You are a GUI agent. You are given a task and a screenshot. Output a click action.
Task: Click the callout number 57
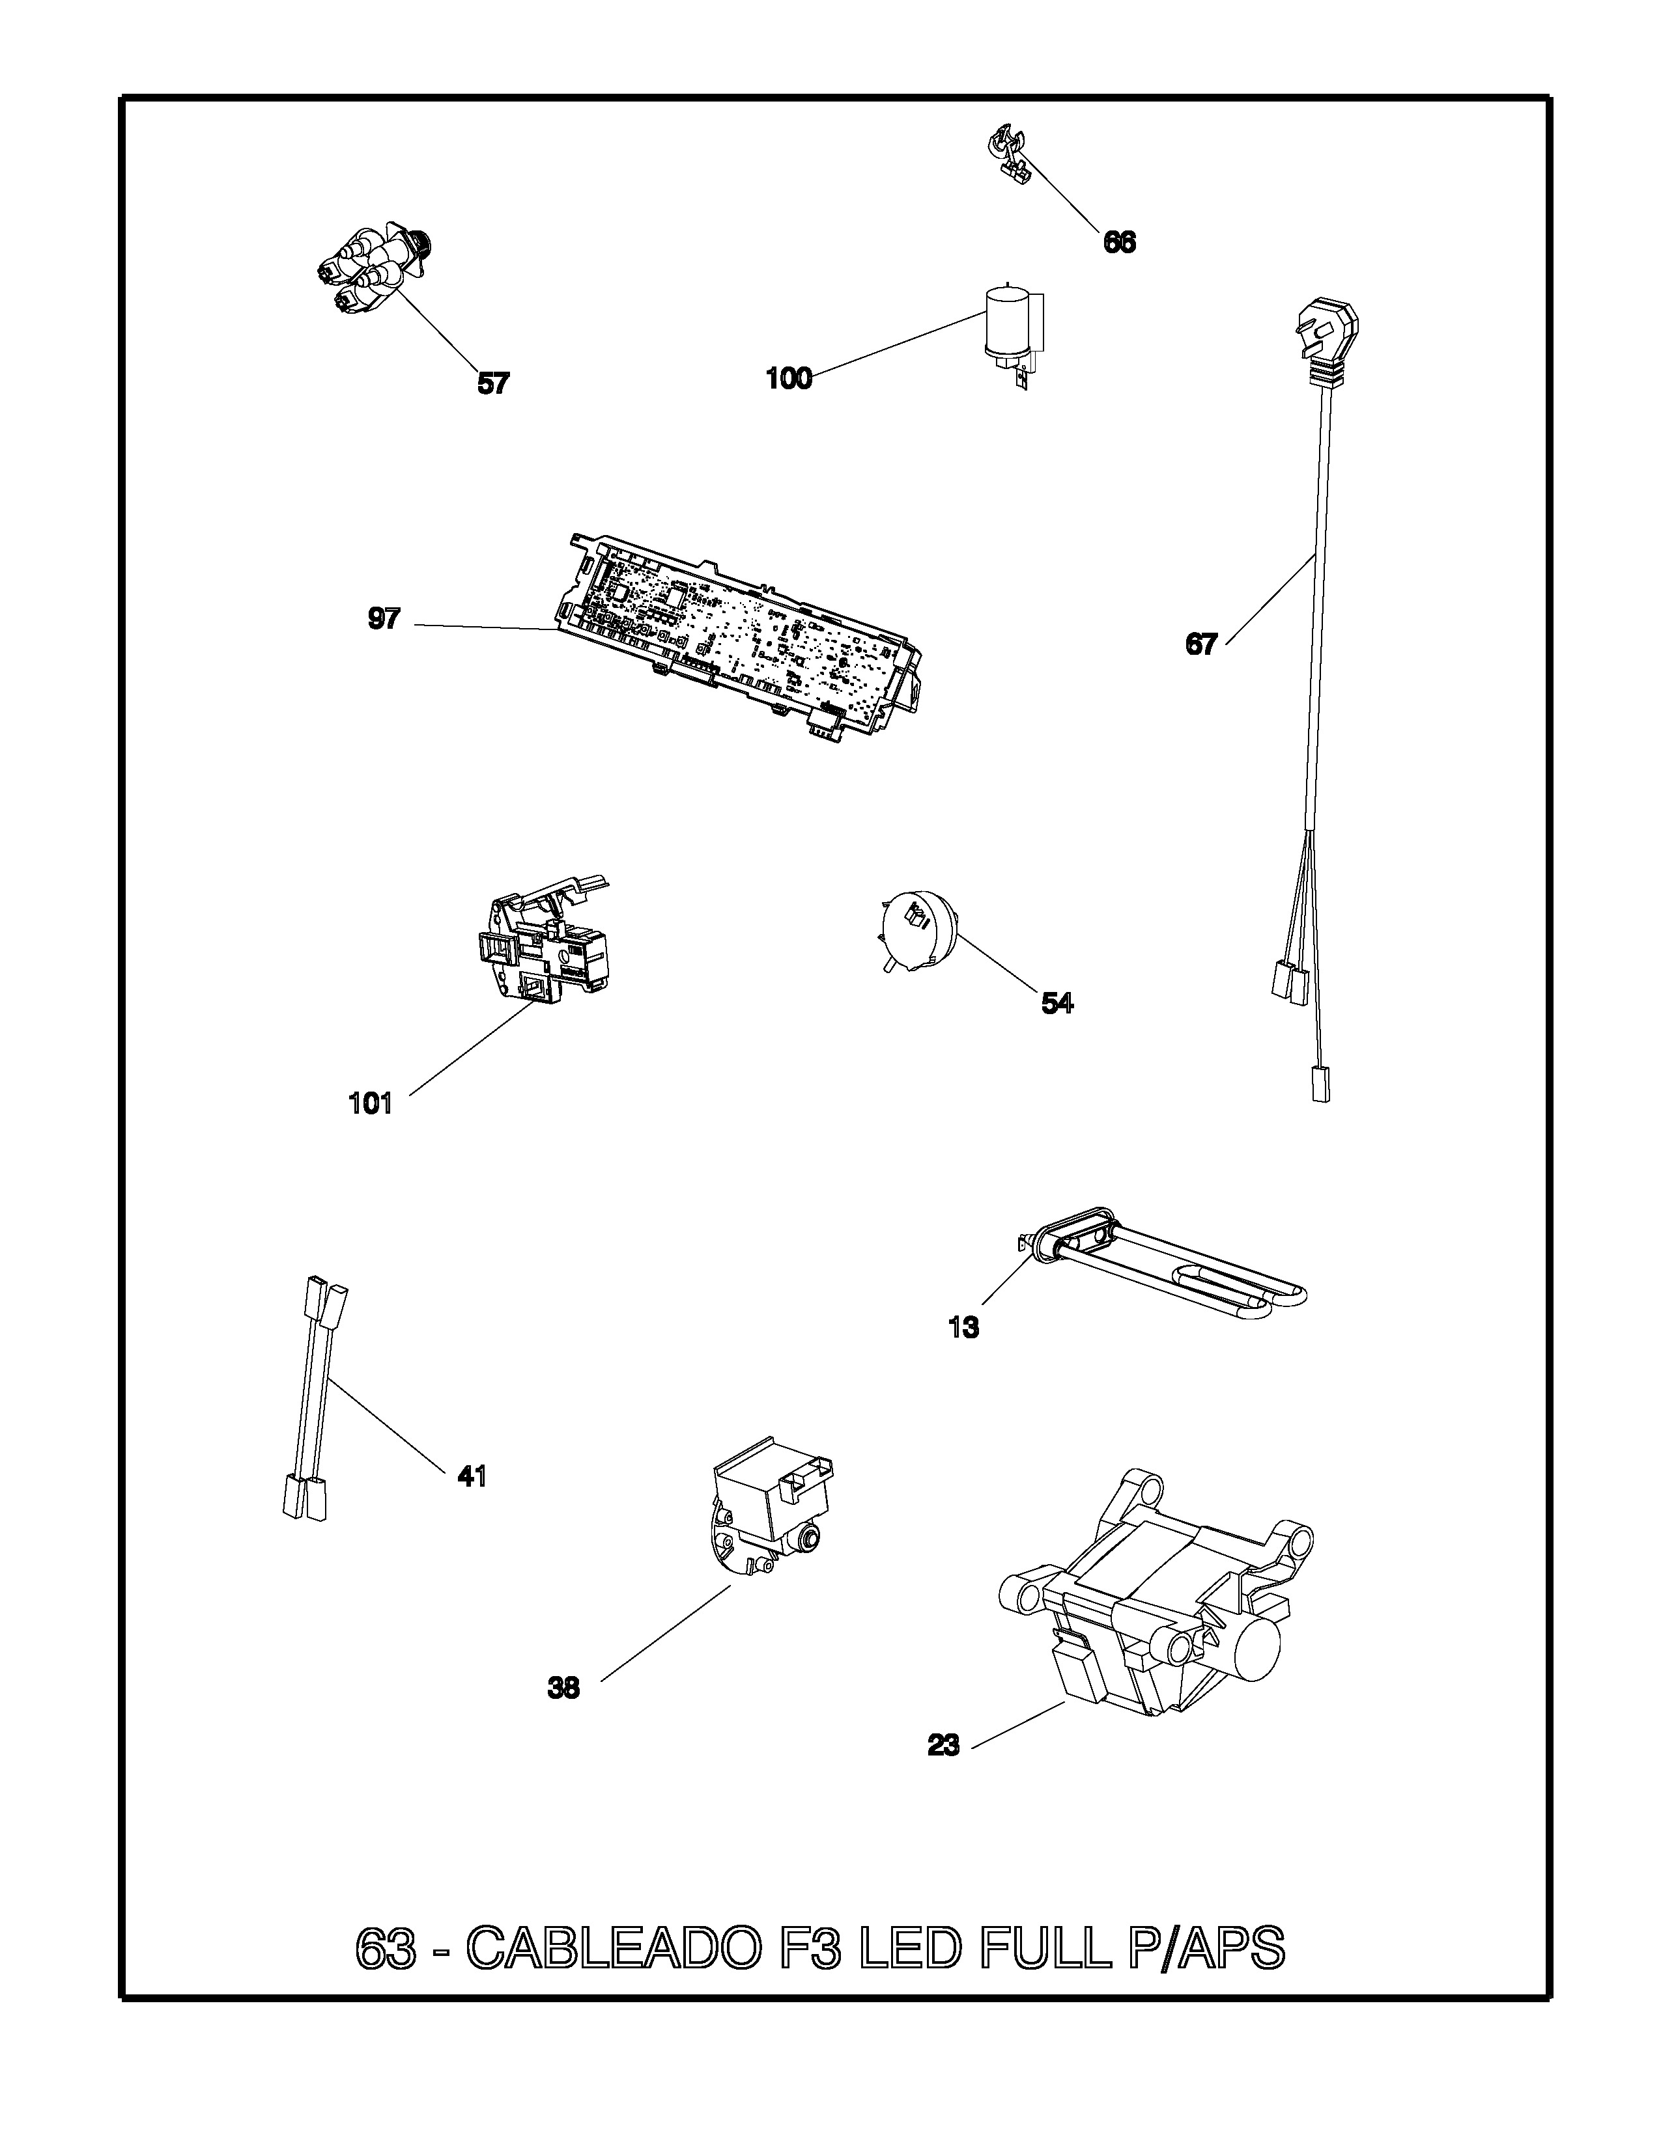493,383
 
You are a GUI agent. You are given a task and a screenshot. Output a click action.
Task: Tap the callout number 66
1120,242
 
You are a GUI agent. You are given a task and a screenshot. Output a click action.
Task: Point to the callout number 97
384,618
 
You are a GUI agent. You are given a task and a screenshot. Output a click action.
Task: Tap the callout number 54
1058,1002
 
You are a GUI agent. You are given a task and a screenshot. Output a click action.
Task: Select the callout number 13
963,1328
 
